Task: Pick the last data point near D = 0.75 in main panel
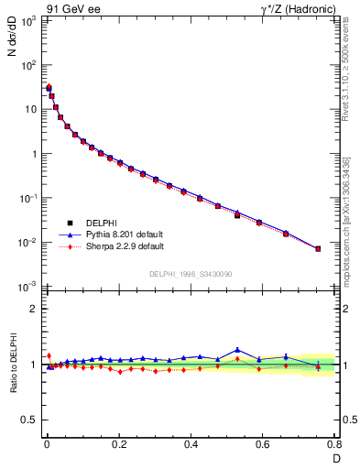(x=318, y=248)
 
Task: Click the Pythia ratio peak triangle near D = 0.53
(x=237, y=350)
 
